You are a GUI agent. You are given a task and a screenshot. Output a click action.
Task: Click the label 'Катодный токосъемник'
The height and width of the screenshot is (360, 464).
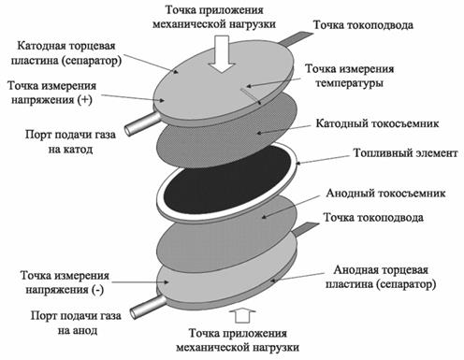coord(370,122)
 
